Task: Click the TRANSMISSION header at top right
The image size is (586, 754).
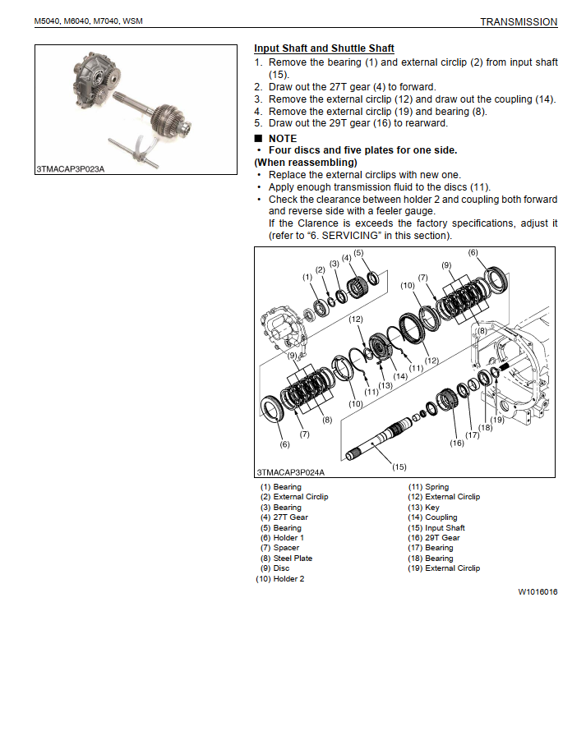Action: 518,22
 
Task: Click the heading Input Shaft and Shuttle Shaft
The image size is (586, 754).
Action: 324,48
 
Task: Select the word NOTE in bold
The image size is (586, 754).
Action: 283,138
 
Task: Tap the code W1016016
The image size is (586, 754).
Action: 538,591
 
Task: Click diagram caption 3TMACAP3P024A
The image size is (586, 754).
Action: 290,472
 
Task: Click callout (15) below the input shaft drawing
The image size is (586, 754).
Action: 399,467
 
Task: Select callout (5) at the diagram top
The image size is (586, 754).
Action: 358,253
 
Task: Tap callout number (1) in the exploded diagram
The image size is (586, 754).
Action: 308,277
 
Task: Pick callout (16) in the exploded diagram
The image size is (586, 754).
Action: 457,443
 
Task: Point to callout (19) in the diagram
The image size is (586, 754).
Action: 497,419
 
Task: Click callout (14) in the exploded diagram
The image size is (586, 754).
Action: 400,377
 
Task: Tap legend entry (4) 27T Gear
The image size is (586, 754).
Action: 284,517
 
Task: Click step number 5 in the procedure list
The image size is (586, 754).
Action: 258,123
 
